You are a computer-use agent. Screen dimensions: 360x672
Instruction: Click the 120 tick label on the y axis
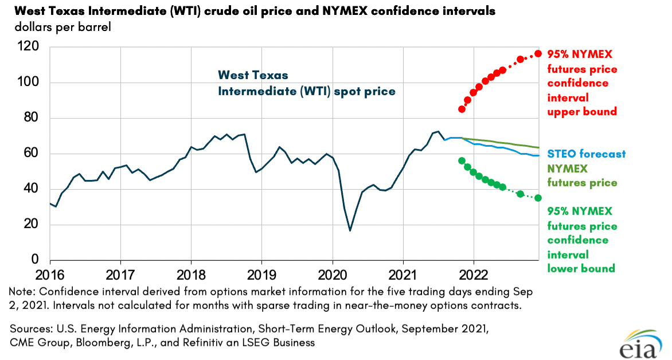[28, 47]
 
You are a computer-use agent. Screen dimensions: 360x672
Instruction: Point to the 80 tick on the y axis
[31, 118]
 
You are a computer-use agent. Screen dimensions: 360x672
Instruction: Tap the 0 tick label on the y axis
[34, 260]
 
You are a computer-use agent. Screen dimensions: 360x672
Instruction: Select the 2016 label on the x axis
[50, 274]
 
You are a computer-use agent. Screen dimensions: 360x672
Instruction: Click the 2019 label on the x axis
[262, 274]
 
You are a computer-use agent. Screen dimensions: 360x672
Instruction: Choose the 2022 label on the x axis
[474, 274]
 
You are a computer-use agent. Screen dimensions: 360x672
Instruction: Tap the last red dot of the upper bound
[538, 54]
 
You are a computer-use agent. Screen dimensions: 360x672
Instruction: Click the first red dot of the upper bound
[462, 109]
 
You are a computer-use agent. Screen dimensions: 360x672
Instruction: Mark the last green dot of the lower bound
[538, 198]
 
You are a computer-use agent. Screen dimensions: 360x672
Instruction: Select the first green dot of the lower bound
[462, 161]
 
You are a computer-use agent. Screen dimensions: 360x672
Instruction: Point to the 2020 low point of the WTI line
[350, 230]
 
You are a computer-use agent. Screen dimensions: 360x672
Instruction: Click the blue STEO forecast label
[586, 154]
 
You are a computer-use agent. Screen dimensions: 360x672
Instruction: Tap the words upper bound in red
[582, 112]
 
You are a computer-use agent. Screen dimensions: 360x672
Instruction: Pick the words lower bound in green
[581, 268]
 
